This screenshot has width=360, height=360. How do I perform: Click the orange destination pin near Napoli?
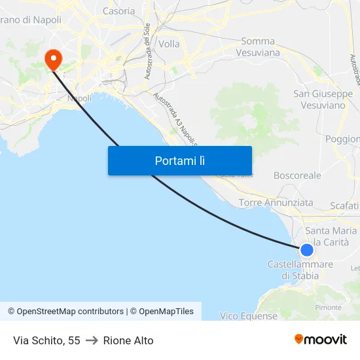(x=53, y=59)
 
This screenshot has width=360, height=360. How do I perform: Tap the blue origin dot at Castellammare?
(x=306, y=249)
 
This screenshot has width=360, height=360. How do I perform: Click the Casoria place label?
(x=119, y=11)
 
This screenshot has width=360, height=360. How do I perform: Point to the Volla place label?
(x=169, y=45)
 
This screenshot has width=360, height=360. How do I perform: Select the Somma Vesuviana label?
(x=257, y=46)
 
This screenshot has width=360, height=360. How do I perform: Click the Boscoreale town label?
(x=297, y=175)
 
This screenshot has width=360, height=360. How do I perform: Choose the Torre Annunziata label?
(x=276, y=203)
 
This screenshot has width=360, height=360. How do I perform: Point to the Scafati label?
(x=345, y=206)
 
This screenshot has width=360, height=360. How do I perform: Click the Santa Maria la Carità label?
(x=331, y=236)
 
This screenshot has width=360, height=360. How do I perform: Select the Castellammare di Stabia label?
(x=300, y=270)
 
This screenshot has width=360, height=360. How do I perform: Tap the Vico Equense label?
(x=249, y=316)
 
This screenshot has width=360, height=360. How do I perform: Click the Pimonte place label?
(x=329, y=307)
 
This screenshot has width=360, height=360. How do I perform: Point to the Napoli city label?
(x=80, y=98)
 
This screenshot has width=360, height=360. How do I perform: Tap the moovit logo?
(x=321, y=340)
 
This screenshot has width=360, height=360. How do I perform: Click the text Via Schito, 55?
(x=46, y=340)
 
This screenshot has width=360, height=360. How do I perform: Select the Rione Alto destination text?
(x=128, y=340)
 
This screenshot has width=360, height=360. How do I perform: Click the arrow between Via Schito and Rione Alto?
(x=92, y=340)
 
